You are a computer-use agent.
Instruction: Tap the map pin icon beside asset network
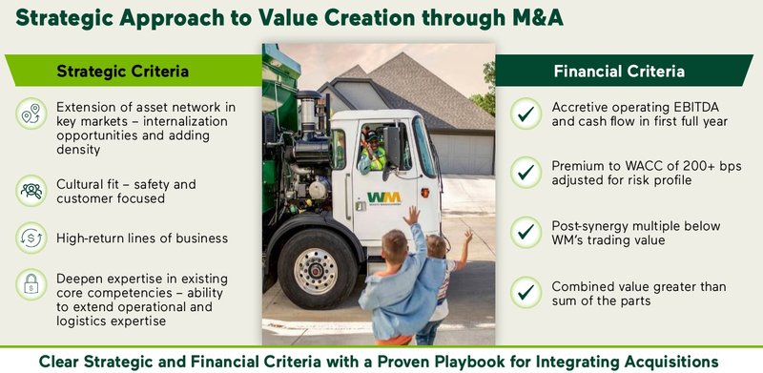tap(31, 115)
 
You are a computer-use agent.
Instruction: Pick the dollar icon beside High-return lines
tap(31, 238)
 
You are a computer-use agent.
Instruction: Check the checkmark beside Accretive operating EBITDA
tap(525, 115)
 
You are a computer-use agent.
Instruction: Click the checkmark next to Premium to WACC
tap(525, 173)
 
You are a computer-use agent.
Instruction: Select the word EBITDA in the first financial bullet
tap(701, 108)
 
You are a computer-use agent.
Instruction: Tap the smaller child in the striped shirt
tap(442, 286)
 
